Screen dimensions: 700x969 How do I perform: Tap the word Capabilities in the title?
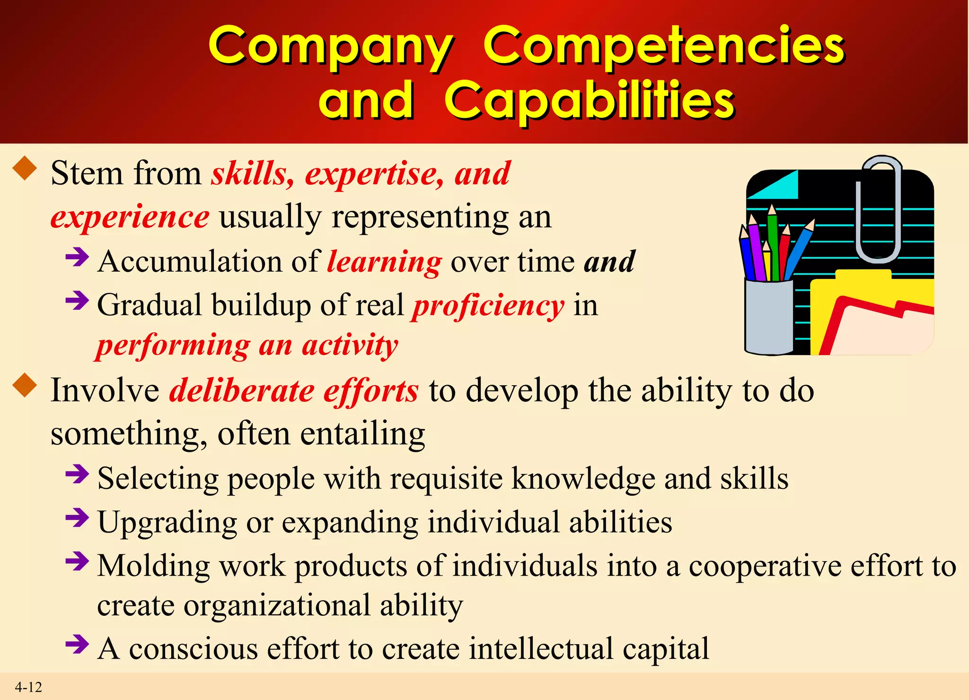(x=589, y=100)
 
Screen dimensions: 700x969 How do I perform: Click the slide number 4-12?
(x=28, y=687)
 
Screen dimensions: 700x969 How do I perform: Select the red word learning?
(x=384, y=262)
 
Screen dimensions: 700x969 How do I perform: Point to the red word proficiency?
(x=488, y=305)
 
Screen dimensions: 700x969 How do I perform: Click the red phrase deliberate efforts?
(x=294, y=391)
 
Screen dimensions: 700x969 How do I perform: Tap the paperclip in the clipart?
(x=879, y=208)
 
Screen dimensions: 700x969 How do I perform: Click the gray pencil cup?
(x=768, y=317)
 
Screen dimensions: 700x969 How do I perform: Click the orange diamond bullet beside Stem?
(x=25, y=168)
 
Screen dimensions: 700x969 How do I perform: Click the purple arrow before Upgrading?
(x=77, y=517)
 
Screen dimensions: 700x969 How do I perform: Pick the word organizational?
(x=277, y=605)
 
